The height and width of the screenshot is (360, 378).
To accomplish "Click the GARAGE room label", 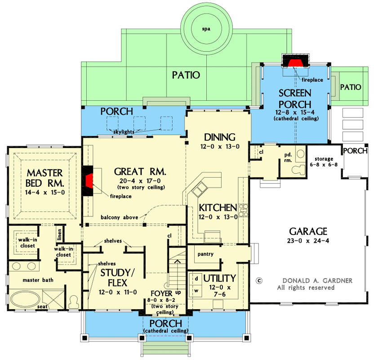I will point(308,231).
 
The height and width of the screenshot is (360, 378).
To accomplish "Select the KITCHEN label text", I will point(218,208).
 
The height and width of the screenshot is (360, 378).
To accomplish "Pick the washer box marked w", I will point(196,290).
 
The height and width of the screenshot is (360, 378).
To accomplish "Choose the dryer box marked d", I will point(196,278).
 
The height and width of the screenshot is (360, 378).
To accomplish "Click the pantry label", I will point(205,254).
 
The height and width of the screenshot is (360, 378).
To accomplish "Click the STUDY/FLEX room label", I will point(114,277).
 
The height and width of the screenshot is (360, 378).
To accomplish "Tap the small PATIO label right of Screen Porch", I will point(350,87).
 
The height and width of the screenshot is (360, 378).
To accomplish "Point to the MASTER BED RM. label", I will point(45,178).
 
